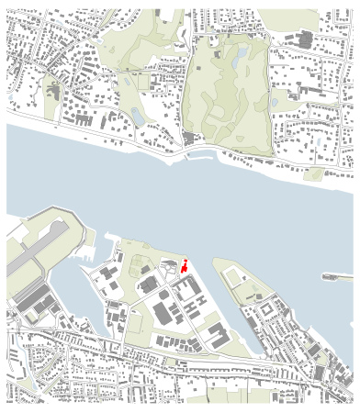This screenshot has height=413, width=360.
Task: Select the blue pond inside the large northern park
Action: point(240,59)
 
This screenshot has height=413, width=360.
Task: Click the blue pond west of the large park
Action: point(138,116)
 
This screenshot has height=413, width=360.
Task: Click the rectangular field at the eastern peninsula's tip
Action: point(231,273)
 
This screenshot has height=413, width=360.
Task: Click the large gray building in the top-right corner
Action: point(304,39)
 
